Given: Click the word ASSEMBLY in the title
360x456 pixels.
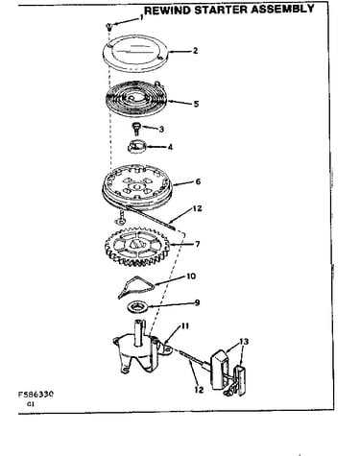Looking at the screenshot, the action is pyautogui.click(x=283, y=9).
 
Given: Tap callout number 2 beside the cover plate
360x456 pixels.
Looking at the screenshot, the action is pyautogui.click(x=195, y=51).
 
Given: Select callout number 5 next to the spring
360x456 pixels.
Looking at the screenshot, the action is pyautogui.click(x=196, y=104).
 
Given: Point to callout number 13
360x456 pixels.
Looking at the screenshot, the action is pyautogui.click(x=244, y=342).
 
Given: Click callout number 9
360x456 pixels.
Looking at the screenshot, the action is pyautogui.click(x=197, y=302).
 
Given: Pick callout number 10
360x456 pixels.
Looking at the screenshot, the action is pyautogui.click(x=191, y=276).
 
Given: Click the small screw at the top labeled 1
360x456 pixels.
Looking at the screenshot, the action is pyautogui.click(x=109, y=26).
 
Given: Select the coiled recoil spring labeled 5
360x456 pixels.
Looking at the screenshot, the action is pyautogui.click(x=137, y=99).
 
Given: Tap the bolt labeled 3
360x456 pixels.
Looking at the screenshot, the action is pyautogui.click(x=136, y=129).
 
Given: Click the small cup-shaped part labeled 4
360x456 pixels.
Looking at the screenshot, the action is pyautogui.click(x=137, y=147).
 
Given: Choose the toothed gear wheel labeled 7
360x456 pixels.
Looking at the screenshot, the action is pyautogui.click(x=137, y=246).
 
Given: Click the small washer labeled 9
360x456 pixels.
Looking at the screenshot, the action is pyautogui.click(x=138, y=306).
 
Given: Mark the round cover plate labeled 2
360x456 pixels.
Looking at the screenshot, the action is pyautogui.click(x=134, y=53).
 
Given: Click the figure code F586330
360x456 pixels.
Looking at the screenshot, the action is pyautogui.click(x=36, y=394).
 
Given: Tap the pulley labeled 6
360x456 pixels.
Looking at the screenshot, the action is pyautogui.click(x=137, y=185).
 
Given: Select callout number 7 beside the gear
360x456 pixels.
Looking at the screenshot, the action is pyautogui.click(x=197, y=244).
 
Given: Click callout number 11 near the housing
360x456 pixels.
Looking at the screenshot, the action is pyautogui.click(x=185, y=326).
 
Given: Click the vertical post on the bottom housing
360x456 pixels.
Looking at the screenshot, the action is pyautogui.click(x=139, y=333).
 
